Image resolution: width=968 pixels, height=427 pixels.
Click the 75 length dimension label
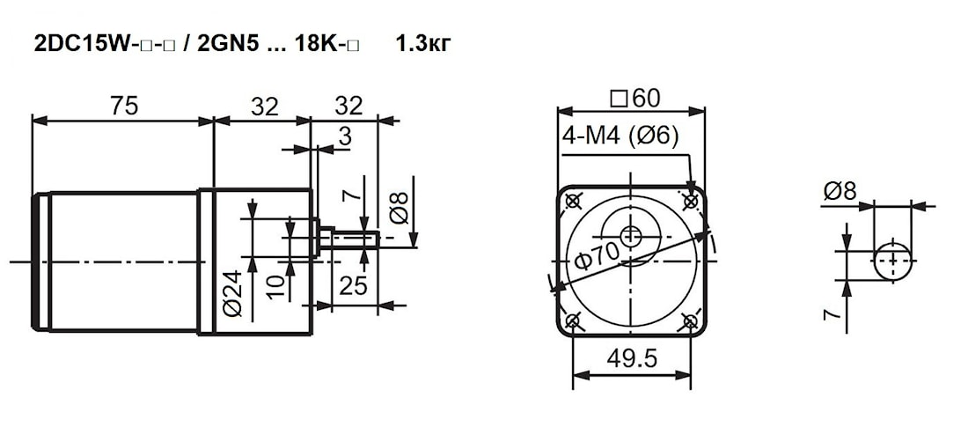pos(124,106)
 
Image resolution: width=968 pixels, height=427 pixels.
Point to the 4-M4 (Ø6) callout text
pos(620,135)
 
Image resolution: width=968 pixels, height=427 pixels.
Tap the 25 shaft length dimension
pos(354,286)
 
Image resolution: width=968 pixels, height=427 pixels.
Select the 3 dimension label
pos(345,136)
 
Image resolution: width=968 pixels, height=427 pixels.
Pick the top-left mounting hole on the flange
pos(573,200)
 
